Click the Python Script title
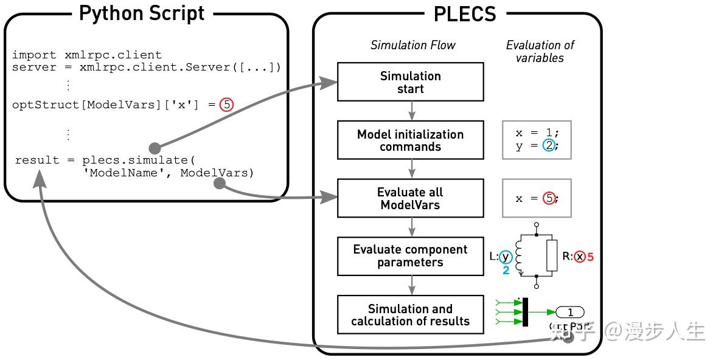pyautogui.click(x=142, y=13)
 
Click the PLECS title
pyautogui.click(x=465, y=13)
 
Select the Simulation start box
pyautogui.click(x=411, y=82)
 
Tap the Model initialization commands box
pyautogui.click(x=411, y=140)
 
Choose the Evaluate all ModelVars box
pyautogui.click(x=411, y=199)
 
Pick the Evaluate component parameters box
pyautogui.click(x=411, y=256)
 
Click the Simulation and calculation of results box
pyautogui.click(x=411, y=314)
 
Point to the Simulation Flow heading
pyautogui.click(x=412, y=45)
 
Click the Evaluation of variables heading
pyautogui.click(x=540, y=51)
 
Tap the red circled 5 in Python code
pyautogui.click(x=226, y=105)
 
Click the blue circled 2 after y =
pyautogui.click(x=549, y=146)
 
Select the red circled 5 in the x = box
pyautogui.click(x=549, y=198)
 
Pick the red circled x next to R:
pyautogui.click(x=580, y=257)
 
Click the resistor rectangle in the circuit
pyautogui.click(x=552, y=255)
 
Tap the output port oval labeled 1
pyautogui.click(x=570, y=312)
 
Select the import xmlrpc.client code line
pyautogui.click(x=87, y=55)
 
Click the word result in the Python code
pyautogui.click(x=37, y=160)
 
